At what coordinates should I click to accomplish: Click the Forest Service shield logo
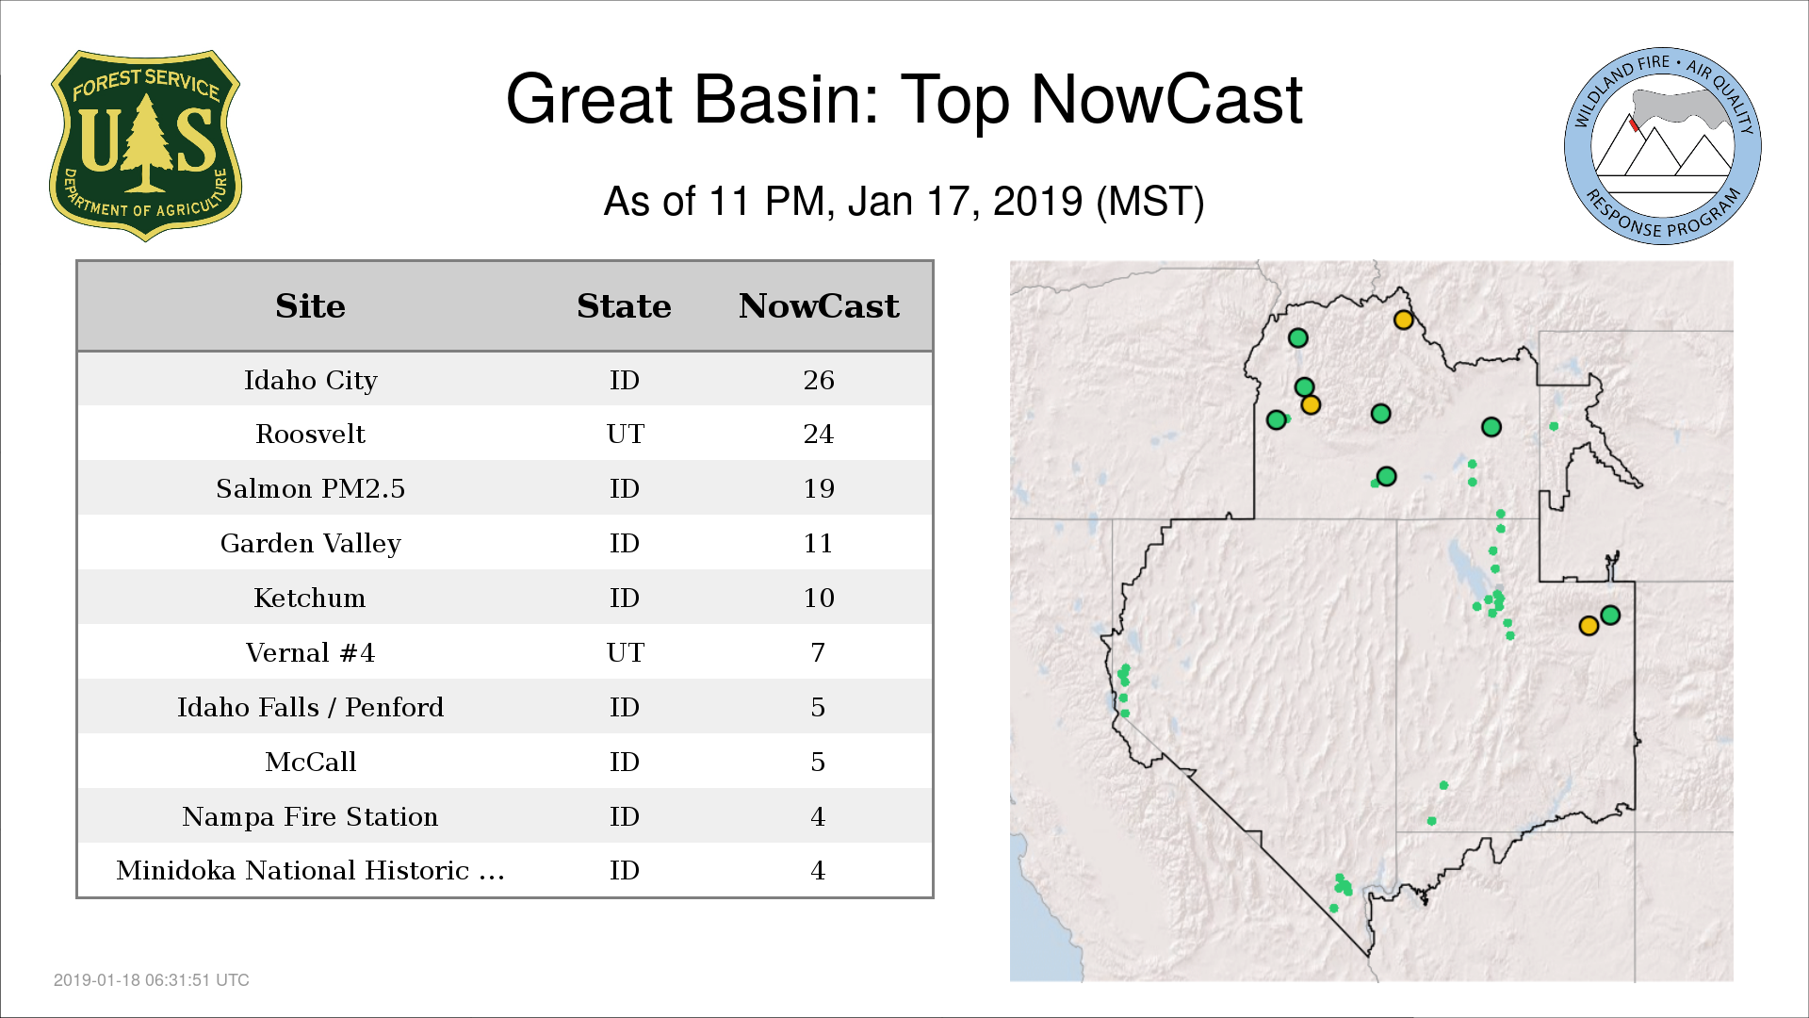click(145, 145)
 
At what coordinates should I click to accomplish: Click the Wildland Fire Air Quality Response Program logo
click(1663, 146)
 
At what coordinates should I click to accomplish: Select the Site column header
click(310, 306)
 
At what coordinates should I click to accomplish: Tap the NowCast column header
click(819, 306)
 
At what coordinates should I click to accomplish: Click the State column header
click(624, 306)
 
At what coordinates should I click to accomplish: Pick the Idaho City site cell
click(310, 380)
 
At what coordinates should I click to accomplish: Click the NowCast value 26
click(819, 380)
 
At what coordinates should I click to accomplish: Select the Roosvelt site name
click(310, 434)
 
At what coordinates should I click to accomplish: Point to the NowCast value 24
click(819, 434)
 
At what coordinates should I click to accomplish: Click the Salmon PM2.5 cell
click(310, 488)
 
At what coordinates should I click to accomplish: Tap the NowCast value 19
click(819, 488)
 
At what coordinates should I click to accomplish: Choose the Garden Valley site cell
click(310, 544)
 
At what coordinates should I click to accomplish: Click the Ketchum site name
click(310, 598)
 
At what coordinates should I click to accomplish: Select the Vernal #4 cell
click(310, 652)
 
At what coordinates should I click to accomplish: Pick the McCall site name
click(310, 762)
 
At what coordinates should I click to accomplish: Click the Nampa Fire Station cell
click(310, 816)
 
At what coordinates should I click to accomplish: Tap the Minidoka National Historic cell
click(310, 870)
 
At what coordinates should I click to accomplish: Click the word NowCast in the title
click(1166, 99)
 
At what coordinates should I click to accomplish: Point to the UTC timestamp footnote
click(152, 980)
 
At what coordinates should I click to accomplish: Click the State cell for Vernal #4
click(625, 652)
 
